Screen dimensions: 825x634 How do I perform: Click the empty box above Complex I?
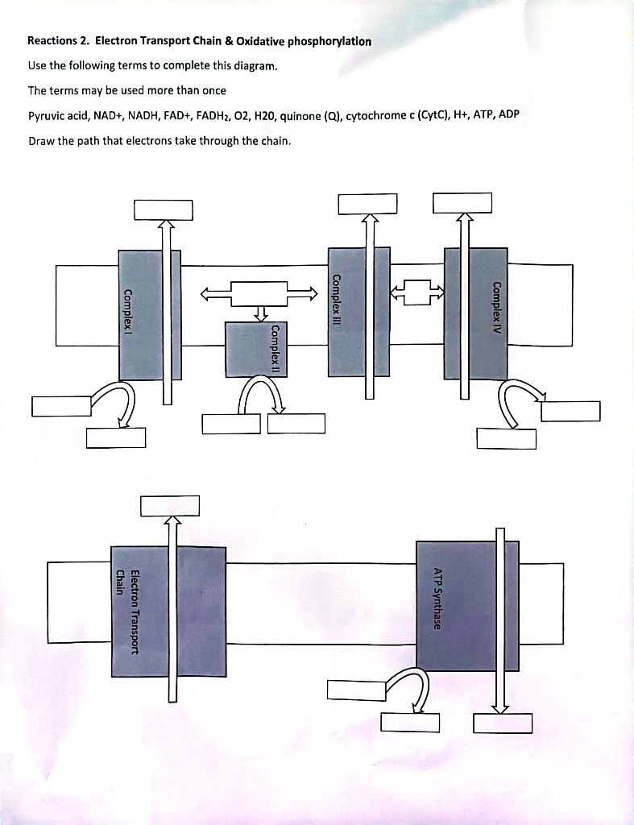tap(164, 209)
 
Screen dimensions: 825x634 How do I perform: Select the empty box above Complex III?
tap(368, 204)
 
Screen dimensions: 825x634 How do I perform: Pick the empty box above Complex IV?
tap(462, 203)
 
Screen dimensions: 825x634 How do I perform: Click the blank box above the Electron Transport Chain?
tap(169, 506)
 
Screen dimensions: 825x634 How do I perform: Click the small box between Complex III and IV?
tap(416, 292)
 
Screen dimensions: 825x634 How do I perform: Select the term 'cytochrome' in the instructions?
tap(373, 115)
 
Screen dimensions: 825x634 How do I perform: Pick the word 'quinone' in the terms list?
tap(301, 115)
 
